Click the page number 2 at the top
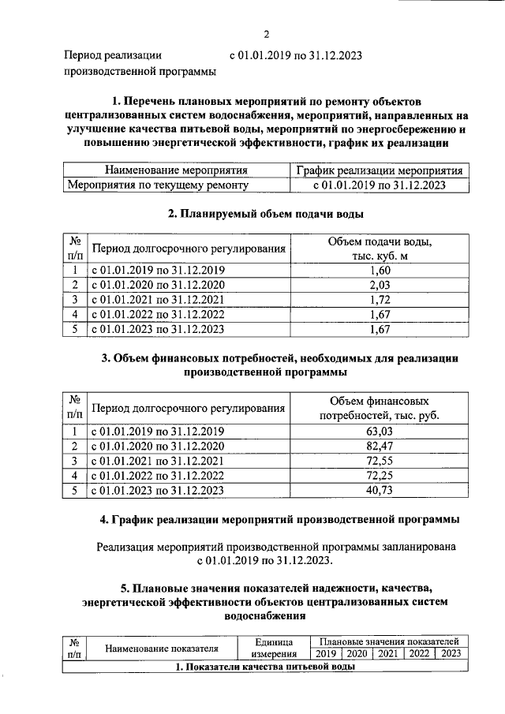pyautogui.click(x=267, y=34)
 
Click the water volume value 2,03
pyautogui.click(x=380, y=285)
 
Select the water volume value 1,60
pyautogui.click(x=380, y=270)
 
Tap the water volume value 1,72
pyautogui.click(x=380, y=300)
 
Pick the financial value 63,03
pyautogui.click(x=380, y=431)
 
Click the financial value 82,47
pyautogui.click(x=380, y=446)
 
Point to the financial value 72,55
pyautogui.click(x=380, y=461)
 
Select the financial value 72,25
pyautogui.click(x=380, y=476)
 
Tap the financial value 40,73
pyautogui.click(x=380, y=491)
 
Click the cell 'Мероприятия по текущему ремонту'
pyautogui.click(x=159, y=185)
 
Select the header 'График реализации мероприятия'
pyautogui.click(x=380, y=170)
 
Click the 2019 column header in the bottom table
pyautogui.click(x=326, y=653)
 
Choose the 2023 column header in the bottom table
pyautogui.click(x=451, y=653)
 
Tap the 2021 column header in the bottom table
pyautogui.click(x=387, y=653)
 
